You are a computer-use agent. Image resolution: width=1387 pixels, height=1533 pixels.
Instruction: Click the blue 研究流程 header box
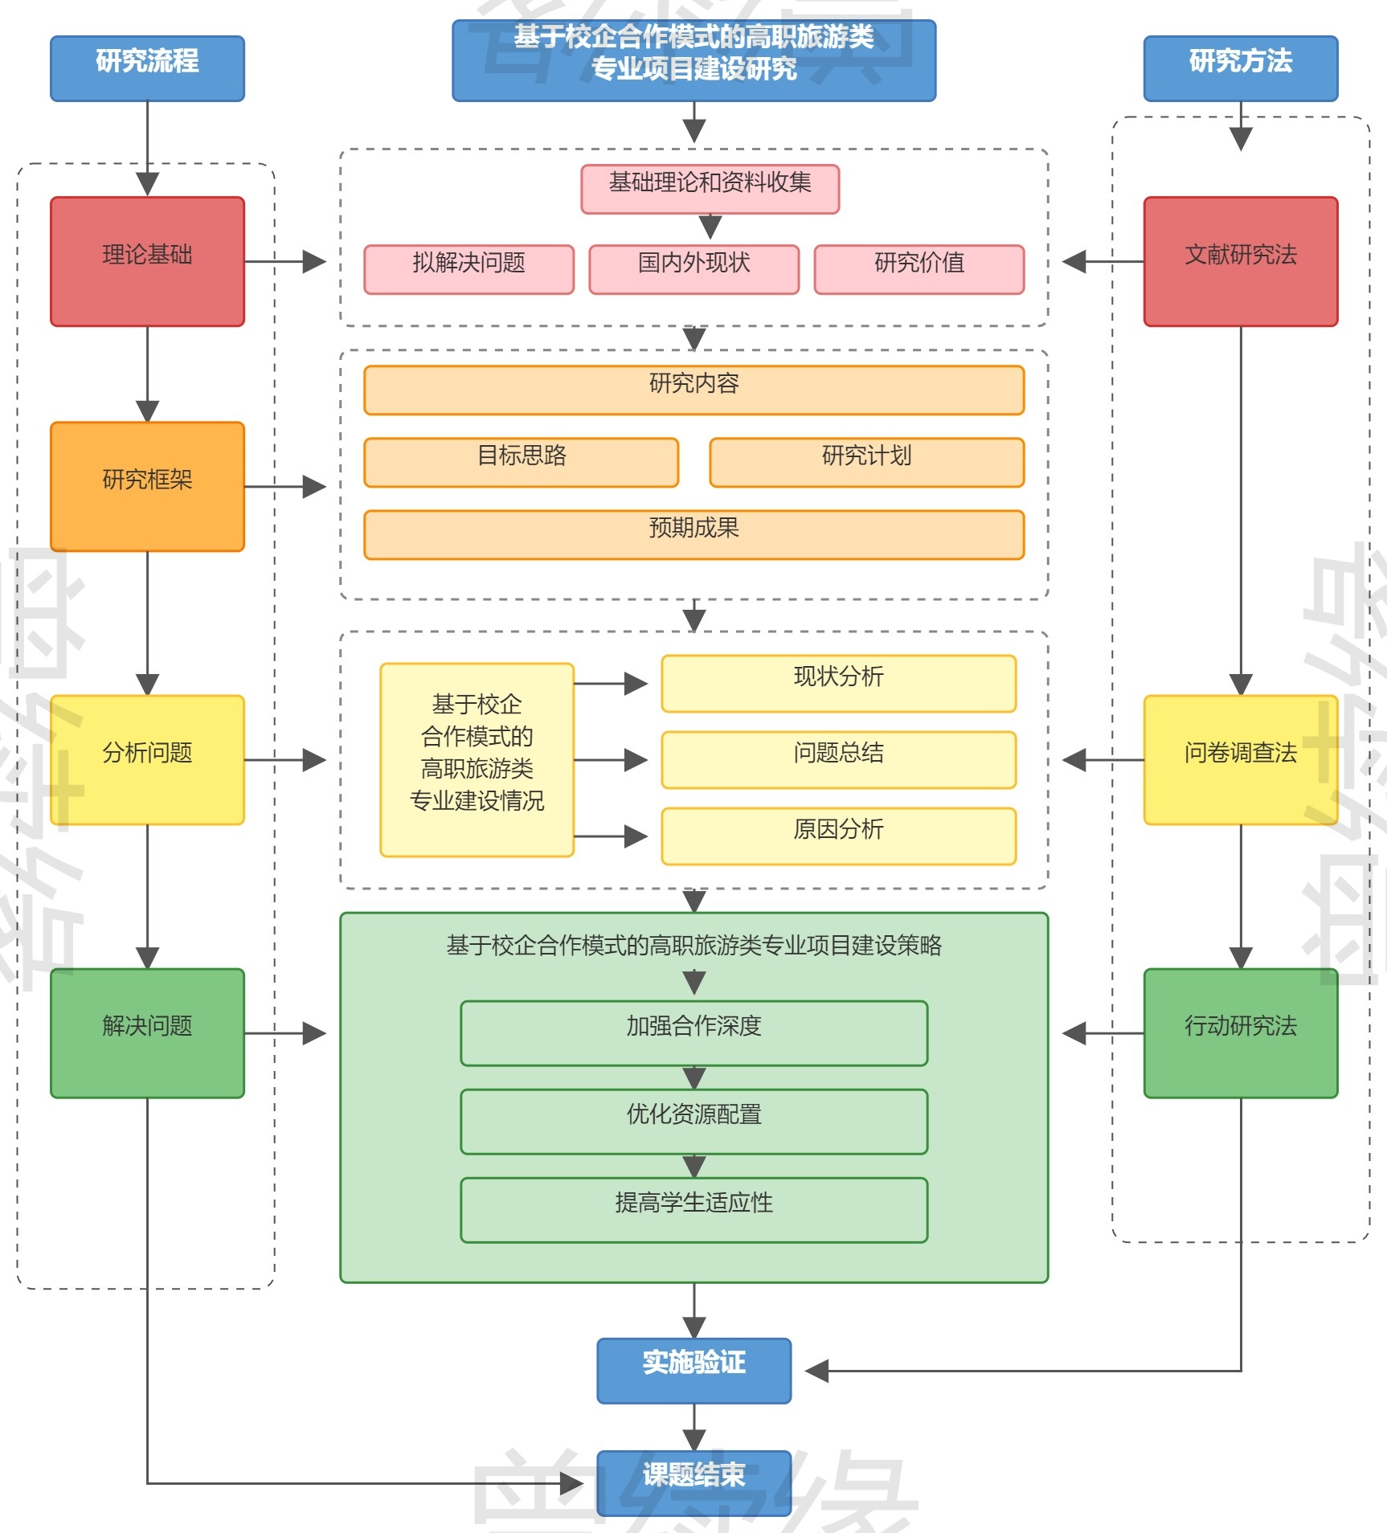(147, 68)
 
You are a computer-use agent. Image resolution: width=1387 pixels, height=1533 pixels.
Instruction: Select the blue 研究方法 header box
(1240, 68)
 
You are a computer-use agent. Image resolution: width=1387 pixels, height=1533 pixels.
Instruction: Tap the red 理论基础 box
(147, 261)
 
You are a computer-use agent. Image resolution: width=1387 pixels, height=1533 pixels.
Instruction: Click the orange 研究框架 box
(147, 486)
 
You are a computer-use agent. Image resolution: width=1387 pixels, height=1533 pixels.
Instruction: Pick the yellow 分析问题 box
(147, 759)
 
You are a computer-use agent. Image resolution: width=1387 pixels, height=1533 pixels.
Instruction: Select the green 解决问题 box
(147, 1032)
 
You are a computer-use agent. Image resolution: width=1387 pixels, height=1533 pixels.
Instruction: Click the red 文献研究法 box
(1240, 261)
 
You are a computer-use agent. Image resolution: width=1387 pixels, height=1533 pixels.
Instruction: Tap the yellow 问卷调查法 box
(1240, 759)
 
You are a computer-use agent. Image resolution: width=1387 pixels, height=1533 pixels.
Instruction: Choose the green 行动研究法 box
(1240, 1032)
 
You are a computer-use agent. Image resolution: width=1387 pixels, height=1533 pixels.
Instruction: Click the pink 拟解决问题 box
(468, 269)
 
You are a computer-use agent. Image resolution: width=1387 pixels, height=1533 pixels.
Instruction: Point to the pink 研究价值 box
(919, 269)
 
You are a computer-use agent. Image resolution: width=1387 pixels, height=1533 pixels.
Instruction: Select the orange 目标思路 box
(521, 462)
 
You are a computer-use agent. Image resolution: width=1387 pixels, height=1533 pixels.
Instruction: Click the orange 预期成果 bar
(693, 534)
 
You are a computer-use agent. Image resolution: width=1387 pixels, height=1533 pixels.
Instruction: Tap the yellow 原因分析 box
(838, 836)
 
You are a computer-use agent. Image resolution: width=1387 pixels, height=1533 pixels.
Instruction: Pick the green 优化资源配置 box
(693, 1121)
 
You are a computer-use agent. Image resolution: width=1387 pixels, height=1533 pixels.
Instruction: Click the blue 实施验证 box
(693, 1370)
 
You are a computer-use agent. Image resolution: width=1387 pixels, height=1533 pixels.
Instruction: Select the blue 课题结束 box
(693, 1482)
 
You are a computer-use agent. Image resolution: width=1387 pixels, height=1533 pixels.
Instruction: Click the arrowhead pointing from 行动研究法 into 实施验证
(816, 1371)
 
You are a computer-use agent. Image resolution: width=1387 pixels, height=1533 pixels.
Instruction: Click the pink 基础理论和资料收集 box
(710, 189)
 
